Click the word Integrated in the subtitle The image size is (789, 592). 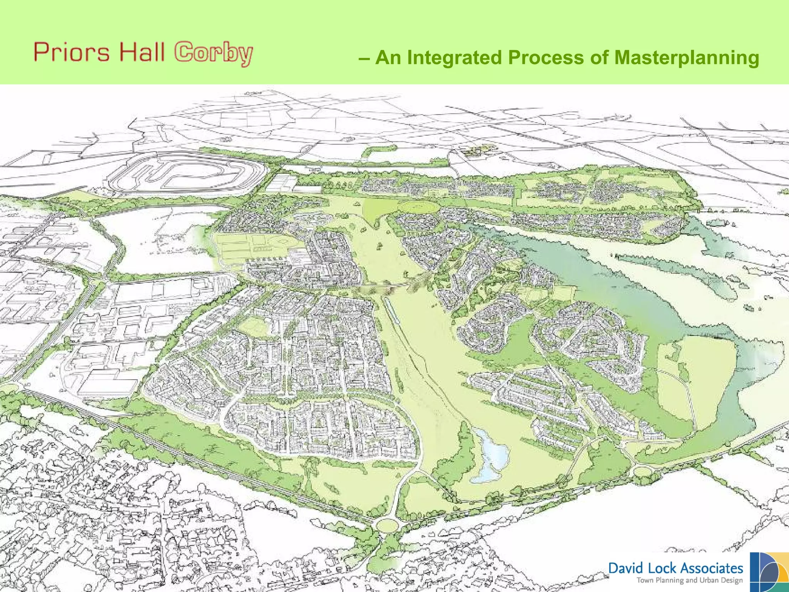[x=455, y=57]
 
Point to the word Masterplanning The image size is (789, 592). [x=687, y=57]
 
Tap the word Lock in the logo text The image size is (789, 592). [x=663, y=568]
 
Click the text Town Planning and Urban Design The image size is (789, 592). [x=689, y=580]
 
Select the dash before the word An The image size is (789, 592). [x=364, y=58]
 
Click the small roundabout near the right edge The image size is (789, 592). [x=643, y=471]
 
